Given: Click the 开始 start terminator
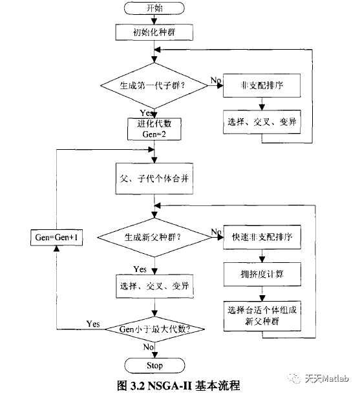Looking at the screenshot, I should pyautogui.click(x=154, y=9).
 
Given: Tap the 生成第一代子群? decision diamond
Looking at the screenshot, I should pyautogui.click(x=154, y=85).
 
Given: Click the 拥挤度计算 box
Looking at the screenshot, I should pyautogui.click(x=262, y=273).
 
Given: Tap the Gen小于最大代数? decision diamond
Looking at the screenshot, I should pyautogui.click(x=154, y=329).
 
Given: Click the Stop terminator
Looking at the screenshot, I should pyautogui.click(x=154, y=365).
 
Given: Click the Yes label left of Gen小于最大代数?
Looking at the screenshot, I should pyautogui.click(x=92, y=323).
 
